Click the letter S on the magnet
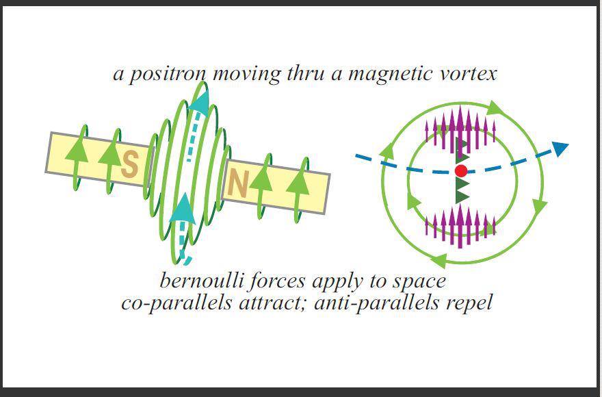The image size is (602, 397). (130, 164)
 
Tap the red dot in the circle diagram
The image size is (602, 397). (460, 170)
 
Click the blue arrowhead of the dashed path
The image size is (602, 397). (560, 149)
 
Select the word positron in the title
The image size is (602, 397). (167, 74)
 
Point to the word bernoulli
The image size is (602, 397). (201, 281)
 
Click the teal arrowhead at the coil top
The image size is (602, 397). (200, 103)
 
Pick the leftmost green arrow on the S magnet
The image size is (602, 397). (77, 157)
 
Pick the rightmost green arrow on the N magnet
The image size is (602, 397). (298, 190)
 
